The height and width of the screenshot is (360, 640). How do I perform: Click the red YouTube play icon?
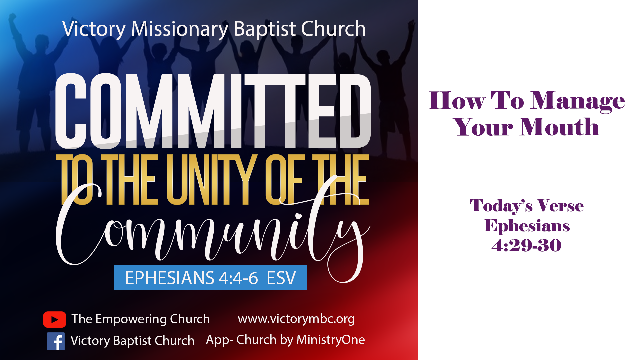click(x=55, y=319)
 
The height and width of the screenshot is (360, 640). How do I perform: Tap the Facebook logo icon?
click(x=56, y=341)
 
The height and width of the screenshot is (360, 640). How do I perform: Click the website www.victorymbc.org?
click(x=296, y=319)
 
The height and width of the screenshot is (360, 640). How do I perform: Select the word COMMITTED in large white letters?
click(x=213, y=111)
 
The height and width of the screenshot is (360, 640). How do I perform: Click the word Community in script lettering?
click(x=213, y=230)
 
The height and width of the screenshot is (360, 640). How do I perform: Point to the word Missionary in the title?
click(x=180, y=29)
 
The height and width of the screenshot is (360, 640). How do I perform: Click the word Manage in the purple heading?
click(x=578, y=101)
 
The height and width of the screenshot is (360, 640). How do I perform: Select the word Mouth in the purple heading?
click(x=560, y=127)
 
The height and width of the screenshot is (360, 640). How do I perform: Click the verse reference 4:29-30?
click(x=527, y=245)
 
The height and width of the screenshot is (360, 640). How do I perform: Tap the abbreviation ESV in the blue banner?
click(x=281, y=278)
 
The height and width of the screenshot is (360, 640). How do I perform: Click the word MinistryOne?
click(x=331, y=340)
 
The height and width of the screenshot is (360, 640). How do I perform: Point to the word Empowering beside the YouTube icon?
click(x=131, y=319)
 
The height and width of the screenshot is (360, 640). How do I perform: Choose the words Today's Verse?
click(x=527, y=206)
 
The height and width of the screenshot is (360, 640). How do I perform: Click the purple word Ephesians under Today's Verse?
click(x=527, y=226)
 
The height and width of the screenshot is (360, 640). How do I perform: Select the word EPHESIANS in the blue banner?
click(x=170, y=278)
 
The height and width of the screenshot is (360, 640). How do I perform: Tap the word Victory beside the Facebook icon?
click(x=90, y=341)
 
